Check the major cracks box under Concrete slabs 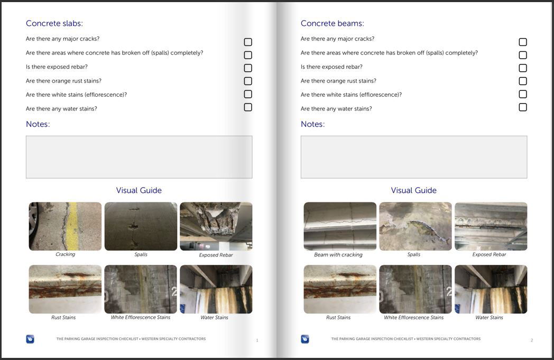pyautogui.click(x=248, y=42)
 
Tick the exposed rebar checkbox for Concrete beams pyautogui.click(x=523, y=68)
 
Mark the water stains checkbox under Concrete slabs pyautogui.click(x=248, y=107)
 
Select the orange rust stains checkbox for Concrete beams pyautogui.click(x=523, y=81)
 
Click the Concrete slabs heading pyautogui.click(x=54, y=23)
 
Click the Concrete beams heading pyautogui.click(x=332, y=23)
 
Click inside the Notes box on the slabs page pyautogui.click(x=139, y=157)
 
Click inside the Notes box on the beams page pyautogui.click(x=414, y=157)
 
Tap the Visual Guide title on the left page pyautogui.click(x=139, y=190)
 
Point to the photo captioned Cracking pyautogui.click(x=65, y=226)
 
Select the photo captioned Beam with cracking pyautogui.click(x=340, y=226)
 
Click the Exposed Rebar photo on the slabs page pyautogui.click(x=216, y=226)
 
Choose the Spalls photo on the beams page pyautogui.click(x=415, y=226)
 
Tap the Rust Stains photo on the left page pyautogui.click(x=65, y=289)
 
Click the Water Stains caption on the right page pyautogui.click(x=489, y=318)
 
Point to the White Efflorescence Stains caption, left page pyautogui.click(x=141, y=318)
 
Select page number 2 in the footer pyautogui.click(x=532, y=340)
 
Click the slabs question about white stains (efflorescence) pyautogui.click(x=76, y=95)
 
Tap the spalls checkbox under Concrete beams pyautogui.click(x=523, y=55)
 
